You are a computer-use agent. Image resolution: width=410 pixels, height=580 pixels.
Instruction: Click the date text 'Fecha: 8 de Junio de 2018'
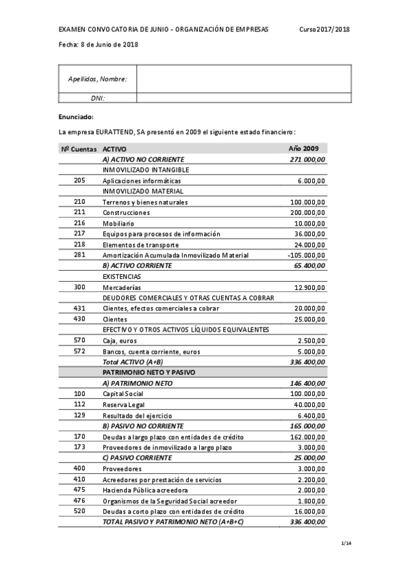click(99, 44)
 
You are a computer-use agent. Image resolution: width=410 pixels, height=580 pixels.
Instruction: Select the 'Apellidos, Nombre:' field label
click(97, 79)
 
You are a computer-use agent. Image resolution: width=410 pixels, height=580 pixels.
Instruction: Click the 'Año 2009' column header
click(303, 148)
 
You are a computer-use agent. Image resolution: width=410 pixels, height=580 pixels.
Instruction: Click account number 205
click(79, 181)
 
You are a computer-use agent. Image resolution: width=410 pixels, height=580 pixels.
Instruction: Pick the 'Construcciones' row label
click(126, 213)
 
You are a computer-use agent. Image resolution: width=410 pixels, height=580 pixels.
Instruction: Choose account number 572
click(79, 352)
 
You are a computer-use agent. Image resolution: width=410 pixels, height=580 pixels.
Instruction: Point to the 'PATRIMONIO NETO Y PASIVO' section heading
click(149, 373)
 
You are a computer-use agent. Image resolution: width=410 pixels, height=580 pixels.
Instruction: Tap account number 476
click(79, 501)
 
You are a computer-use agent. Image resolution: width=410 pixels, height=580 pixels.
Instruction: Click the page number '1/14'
click(345, 543)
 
